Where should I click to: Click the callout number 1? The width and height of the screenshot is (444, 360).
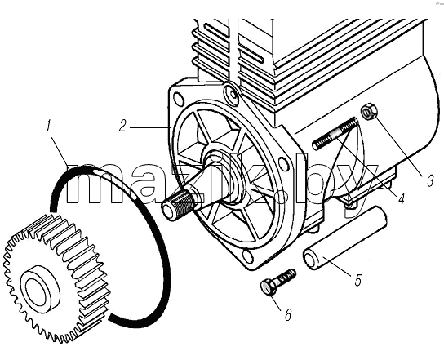coord(48,126)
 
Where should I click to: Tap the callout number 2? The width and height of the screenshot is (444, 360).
coord(122,126)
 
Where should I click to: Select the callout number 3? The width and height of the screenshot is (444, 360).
coord(430,180)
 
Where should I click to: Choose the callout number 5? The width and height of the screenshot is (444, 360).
coord(358,280)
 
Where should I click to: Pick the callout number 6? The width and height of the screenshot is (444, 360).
coord(288,314)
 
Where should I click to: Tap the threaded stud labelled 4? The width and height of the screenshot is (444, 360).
coord(335,134)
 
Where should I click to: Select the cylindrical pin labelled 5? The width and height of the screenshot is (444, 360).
coord(345,238)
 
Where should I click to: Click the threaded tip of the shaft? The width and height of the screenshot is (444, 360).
coord(178,204)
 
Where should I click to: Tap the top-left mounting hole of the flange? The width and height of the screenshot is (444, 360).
coord(179,99)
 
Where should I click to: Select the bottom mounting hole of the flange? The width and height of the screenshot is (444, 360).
coord(247,256)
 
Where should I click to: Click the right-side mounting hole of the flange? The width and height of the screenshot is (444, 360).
coord(283,162)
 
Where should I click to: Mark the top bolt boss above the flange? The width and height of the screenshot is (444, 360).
coord(231,92)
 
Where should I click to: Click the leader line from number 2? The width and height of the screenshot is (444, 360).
coord(150,127)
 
